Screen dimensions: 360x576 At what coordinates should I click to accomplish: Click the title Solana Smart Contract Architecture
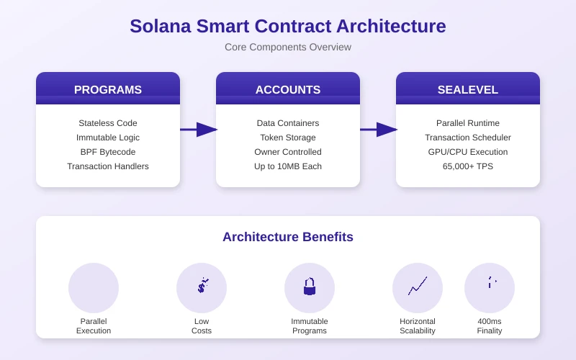(288, 26)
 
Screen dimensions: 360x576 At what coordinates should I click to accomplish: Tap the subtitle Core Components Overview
(288, 47)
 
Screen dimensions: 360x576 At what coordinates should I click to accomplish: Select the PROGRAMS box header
(108, 89)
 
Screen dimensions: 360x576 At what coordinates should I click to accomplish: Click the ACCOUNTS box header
(288, 89)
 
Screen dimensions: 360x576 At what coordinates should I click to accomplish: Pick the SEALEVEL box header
(468, 89)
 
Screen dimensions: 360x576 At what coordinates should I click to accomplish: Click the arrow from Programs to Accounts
(199, 130)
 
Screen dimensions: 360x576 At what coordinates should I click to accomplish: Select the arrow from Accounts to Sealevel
(379, 130)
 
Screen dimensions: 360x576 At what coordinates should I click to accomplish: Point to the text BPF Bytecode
(108, 152)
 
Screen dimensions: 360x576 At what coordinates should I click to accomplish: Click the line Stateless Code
(108, 123)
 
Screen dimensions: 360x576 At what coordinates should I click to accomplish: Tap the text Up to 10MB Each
(288, 166)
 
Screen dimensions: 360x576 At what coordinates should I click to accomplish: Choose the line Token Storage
(288, 138)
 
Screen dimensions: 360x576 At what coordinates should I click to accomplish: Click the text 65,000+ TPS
(468, 166)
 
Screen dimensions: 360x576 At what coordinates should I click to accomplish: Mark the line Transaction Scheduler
(468, 138)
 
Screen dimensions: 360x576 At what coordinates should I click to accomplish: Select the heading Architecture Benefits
(288, 237)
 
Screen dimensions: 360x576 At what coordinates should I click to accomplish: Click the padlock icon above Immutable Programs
(310, 287)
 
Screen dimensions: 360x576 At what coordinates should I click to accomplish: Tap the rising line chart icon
(418, 287)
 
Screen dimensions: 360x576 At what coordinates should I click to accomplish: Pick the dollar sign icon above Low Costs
(202, 287)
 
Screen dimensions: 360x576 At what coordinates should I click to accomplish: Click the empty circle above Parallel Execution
(94, 288)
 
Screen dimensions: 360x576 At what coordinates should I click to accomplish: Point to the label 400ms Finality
(490, 326)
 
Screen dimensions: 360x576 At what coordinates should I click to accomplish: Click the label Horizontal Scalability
(418, 326)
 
